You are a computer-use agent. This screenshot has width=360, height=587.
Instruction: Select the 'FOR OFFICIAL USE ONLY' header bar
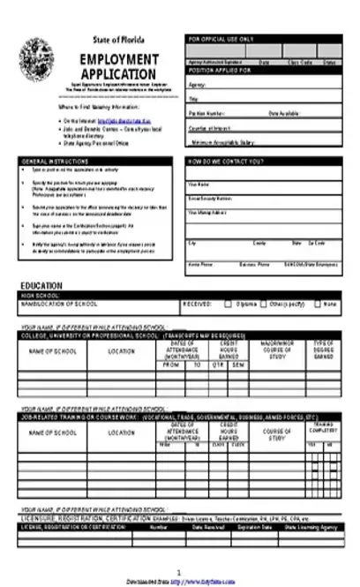264,40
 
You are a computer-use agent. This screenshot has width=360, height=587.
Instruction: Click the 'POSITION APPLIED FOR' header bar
264,70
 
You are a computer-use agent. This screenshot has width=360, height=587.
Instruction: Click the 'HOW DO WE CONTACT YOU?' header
264,162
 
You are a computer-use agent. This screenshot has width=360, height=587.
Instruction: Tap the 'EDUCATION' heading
41,285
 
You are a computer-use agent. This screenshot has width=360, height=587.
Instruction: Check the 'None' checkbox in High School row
319,304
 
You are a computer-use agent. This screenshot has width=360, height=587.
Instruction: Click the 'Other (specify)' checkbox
265,304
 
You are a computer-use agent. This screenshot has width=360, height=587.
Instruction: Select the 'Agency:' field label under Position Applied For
198,85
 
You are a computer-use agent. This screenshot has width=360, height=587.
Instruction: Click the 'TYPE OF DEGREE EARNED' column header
324,351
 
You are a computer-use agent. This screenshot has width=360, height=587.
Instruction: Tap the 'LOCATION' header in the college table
121,351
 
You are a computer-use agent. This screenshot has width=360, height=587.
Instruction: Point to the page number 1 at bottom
179,572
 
